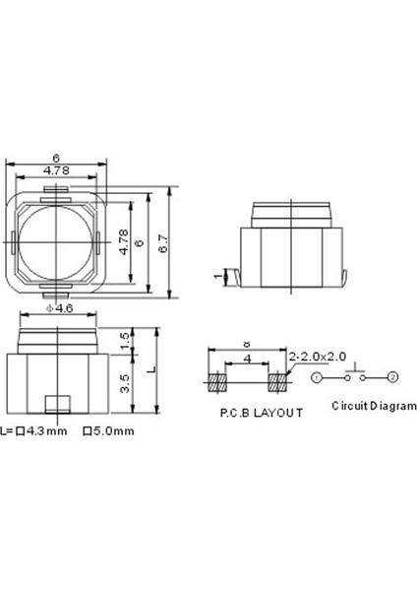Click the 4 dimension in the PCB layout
(247, 360)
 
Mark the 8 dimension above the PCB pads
(247, 345)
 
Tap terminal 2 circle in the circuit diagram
(392, 377)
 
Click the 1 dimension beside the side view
(217, 278)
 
